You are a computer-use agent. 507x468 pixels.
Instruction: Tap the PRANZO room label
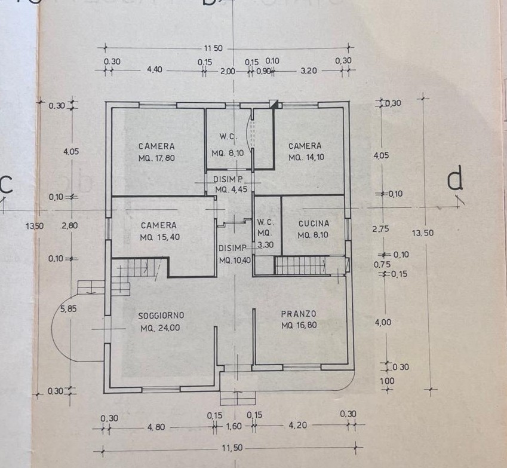click(x=299, y=314)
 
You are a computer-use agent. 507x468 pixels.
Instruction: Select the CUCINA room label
click(x=314, y=224)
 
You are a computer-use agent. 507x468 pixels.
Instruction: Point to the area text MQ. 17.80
click(x=156, y=158)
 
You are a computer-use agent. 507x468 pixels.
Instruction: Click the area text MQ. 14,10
click(x=306, y=157)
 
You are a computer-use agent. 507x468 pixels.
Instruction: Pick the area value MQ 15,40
click(x=159, y=237)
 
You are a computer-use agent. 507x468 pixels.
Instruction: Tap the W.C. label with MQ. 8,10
click(x=229, y=137)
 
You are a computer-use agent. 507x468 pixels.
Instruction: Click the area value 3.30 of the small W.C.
click(x=266, y=245)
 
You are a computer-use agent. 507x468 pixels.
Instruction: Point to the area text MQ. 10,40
click(x=235, y=260)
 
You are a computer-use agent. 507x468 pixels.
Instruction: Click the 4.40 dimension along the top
click(x=155, y=69)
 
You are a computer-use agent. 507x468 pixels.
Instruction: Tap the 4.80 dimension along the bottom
click(x=156, y=427)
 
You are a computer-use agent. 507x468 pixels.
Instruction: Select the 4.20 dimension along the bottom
click(x=297, y=425)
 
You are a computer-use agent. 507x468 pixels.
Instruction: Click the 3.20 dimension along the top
click(x=309, y=71)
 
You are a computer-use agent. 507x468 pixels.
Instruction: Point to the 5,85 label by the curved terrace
click(x=68, y=309)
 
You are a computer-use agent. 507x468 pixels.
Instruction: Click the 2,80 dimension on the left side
click(x=70, y=225)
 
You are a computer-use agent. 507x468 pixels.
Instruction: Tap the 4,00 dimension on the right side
click(x=383, y=322)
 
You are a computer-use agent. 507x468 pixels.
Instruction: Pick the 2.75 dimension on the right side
click(x=380, y=229)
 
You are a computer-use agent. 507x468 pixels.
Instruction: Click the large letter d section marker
click(x=456, y=181)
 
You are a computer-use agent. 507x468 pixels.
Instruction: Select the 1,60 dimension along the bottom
click(x=233, y=426)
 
